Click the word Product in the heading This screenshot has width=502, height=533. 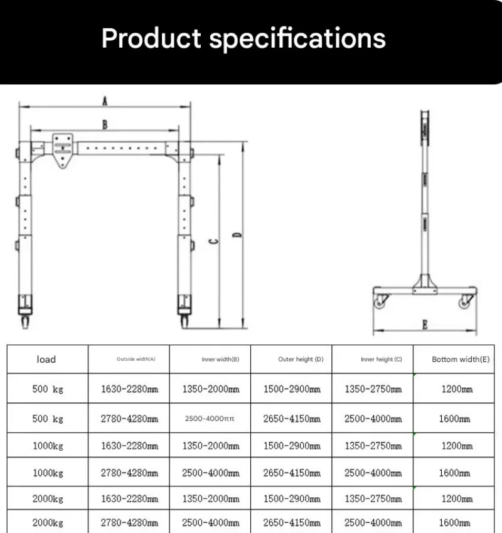(x=151, y=38)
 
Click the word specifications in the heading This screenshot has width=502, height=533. (x=297, y=39)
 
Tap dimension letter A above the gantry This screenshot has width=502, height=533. (x=105, y=101)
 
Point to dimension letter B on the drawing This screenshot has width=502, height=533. (x=105, y=124)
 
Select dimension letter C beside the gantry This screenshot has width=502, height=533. (x=213, y=241)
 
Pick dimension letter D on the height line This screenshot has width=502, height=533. (x=237, y=235)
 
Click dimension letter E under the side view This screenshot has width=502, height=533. (x=425, y=325)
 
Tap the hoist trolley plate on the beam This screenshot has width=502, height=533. (x=63, y=150)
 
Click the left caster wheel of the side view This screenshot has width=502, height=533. (x=380, y=302)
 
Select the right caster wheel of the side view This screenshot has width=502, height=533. (x=464, y=302)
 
